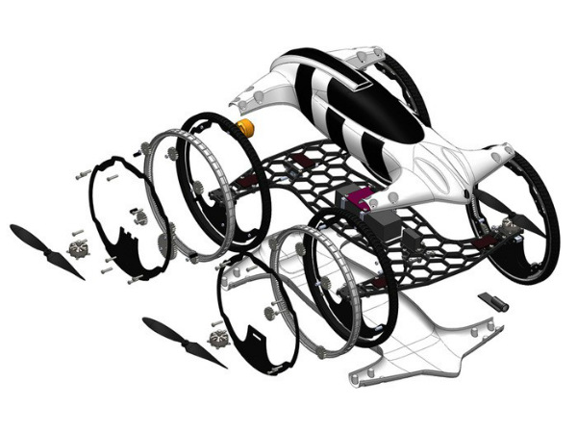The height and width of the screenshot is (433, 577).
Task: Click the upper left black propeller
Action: [43, 249]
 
